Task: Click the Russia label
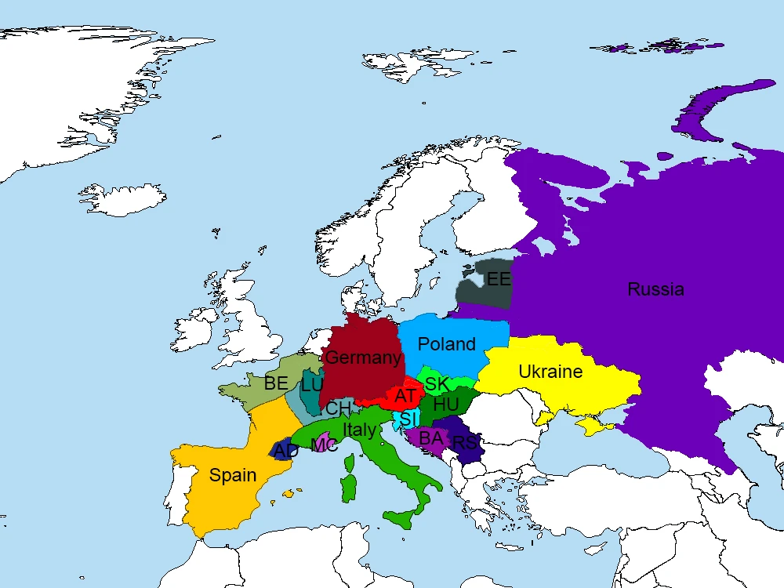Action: (x=655, y=289)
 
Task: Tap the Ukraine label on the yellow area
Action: (x=550, y=372)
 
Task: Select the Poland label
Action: (x=446, y=344)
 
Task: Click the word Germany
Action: (x=363, y=358)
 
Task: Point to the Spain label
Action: (x=233, y=475)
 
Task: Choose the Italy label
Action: (x=359, y=430)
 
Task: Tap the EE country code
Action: (x=498, y=279)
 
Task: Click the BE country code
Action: (x=276, y=383)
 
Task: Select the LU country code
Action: (x=311, y=385)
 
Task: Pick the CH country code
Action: (x=338, y=408)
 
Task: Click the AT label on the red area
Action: (x=405, y=396)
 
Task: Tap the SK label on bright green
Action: (x=437, y=384)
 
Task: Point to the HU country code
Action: (x=445, y=405)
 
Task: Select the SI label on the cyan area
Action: (x=408, y=419)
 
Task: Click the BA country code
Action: (x=431, y=438)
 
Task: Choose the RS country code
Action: (x=465, y=444)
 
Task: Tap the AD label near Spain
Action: (x=286, y=452)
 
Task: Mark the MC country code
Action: (x=324, y=445)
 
